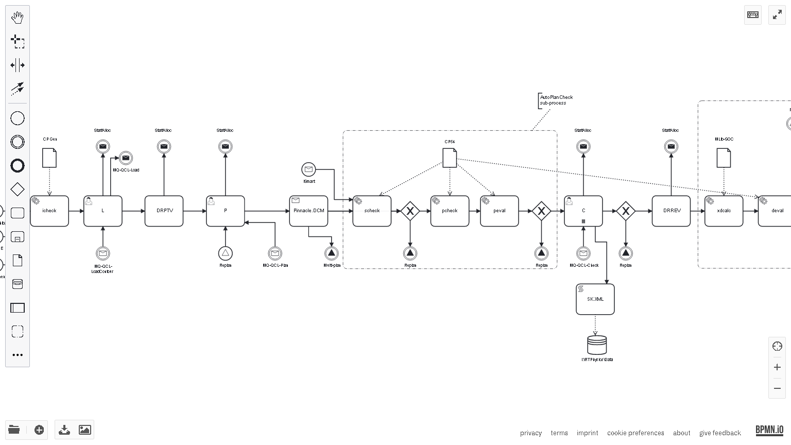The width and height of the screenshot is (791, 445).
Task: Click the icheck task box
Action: [x=49, y=211]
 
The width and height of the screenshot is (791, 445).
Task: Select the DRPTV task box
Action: [x=164, y=211]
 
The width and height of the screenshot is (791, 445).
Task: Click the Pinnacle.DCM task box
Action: [x=309, y=211]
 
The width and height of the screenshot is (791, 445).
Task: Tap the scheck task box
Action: [x=372, y=211]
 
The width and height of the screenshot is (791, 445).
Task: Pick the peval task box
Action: [x=500, y=211]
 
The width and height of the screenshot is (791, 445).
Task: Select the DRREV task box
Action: [x=672, y=211]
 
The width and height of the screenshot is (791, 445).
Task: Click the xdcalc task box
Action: [x=724, y=211]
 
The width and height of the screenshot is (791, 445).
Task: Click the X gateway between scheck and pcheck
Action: [x=410, y=211]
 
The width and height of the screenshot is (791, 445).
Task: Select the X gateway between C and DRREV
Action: [x=626, y=211]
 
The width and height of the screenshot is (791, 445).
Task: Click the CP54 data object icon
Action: [x=450, y=158]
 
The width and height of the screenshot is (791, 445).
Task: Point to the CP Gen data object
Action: [x=49, y=158]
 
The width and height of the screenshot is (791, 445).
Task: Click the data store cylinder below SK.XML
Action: [x=597, y=345]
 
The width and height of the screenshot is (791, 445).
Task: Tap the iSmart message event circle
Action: [x=308, y=169]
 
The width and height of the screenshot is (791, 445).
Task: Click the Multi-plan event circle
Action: [x=332, y=253]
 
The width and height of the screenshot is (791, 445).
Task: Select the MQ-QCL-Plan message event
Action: [x=275, y=253]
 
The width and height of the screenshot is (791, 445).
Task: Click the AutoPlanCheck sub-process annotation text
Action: [x=556, y=100]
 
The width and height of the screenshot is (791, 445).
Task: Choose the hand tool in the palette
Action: [x=18, y=18]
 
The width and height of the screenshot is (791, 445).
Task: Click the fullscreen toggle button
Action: [x=777, y=15]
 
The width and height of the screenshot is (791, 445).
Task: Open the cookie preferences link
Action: [x=635, y=433]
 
